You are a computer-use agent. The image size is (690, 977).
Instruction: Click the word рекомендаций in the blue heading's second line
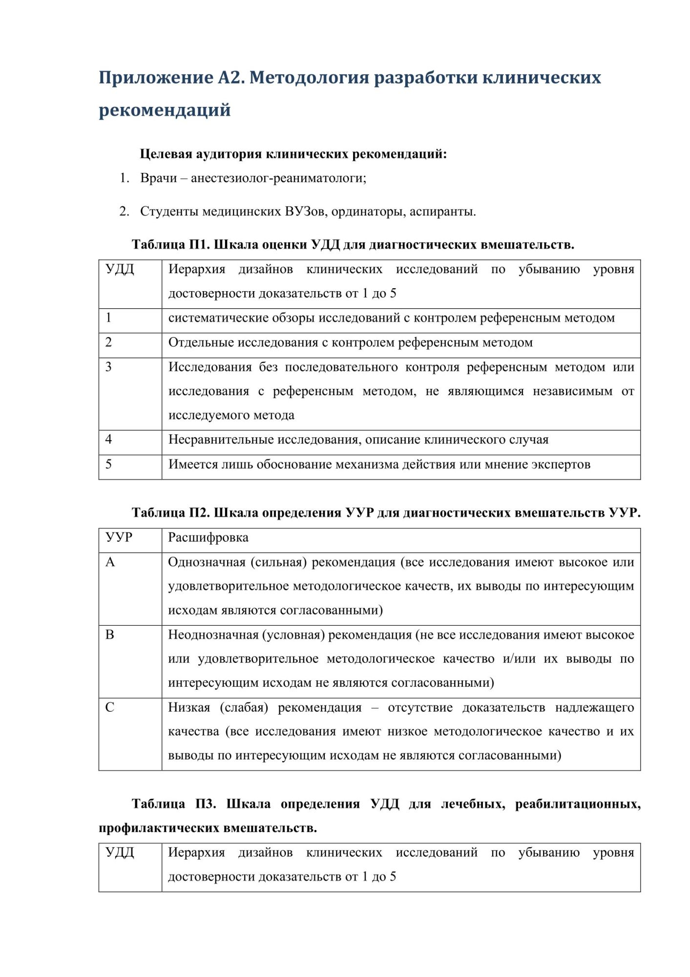coord(165,110)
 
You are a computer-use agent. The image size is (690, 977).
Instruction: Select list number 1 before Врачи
coord(124,178)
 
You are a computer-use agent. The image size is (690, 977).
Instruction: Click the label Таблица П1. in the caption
coord(170,244)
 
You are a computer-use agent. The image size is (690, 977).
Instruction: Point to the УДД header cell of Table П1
coord(120,269)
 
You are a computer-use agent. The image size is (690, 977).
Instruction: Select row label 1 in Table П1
coord(108,318)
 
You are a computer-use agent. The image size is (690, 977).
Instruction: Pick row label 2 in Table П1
coord(108,342)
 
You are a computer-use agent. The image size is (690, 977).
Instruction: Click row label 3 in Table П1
coord(108,367)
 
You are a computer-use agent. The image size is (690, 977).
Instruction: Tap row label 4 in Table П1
coord(108,440)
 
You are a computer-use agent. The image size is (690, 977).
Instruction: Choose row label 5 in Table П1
coord(108,464)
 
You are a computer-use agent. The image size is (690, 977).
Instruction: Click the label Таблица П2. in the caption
coord(171,513)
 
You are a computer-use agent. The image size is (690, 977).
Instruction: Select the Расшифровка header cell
coord(208,538)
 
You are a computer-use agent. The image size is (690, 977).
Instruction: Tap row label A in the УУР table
coord(110,562)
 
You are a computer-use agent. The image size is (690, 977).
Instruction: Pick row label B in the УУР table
coord(110,635)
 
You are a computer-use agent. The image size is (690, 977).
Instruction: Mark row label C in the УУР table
coord(110,707)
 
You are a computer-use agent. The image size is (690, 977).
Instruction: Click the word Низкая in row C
coord(189,707)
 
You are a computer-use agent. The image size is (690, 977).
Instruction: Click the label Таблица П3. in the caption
coord(174,804)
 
